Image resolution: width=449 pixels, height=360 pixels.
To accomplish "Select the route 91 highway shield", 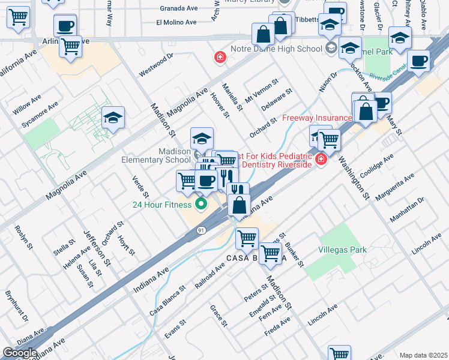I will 200,230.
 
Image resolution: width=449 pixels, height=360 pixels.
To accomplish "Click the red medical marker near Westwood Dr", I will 220,58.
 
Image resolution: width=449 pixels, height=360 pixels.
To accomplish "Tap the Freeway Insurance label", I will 317,118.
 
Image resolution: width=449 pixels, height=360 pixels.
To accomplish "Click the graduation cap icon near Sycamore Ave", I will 112,118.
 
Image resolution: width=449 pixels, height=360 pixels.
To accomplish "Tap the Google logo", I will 20,353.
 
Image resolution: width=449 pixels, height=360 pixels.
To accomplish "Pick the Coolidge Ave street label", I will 376,164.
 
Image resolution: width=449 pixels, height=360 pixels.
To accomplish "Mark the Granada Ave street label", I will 178,9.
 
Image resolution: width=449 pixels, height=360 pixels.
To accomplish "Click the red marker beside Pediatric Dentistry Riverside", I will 321,159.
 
